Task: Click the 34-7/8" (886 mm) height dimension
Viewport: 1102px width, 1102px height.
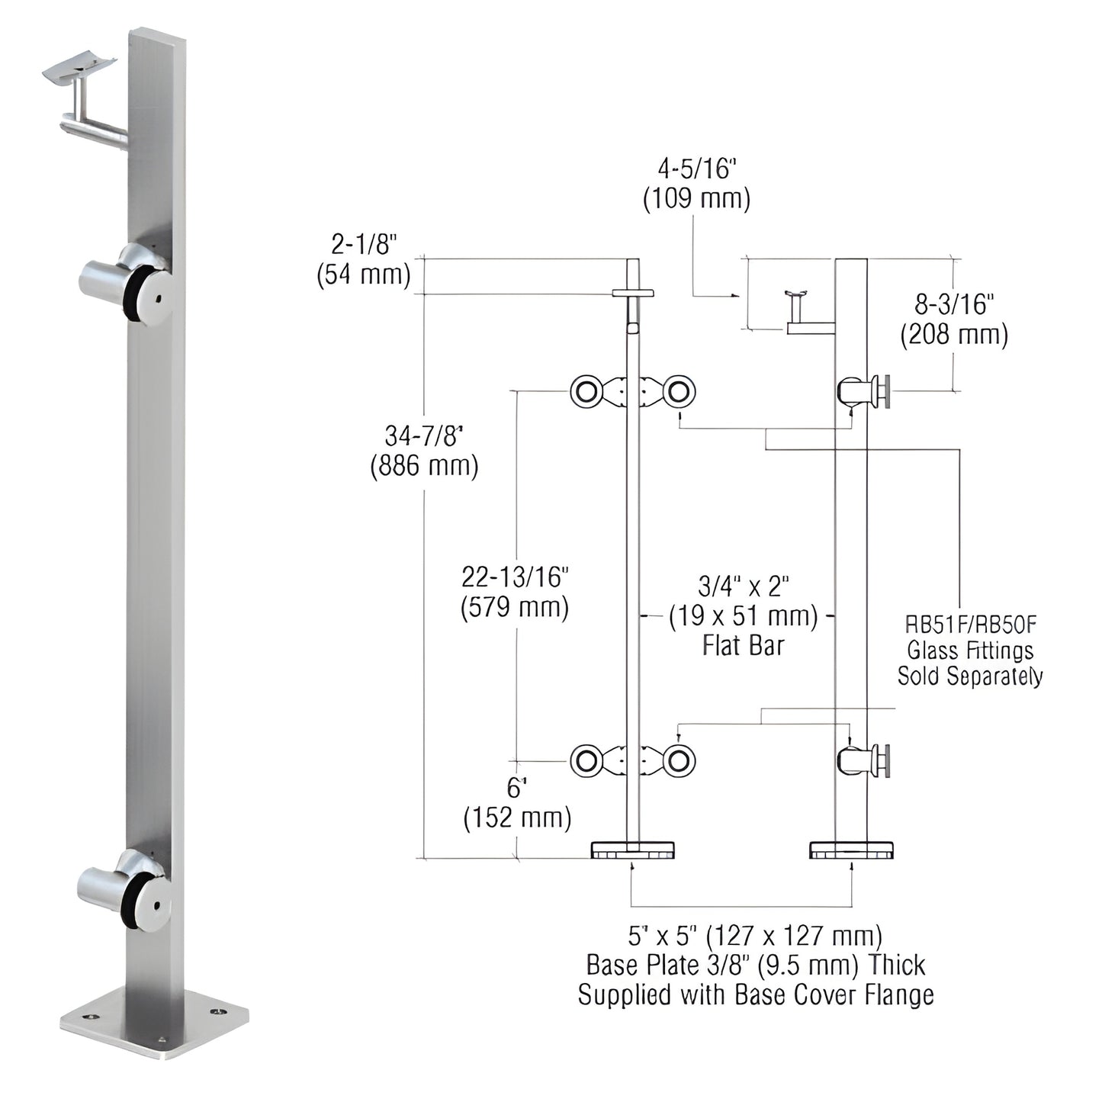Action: point(424,451)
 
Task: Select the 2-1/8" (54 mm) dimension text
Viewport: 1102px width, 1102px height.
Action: point(364,260)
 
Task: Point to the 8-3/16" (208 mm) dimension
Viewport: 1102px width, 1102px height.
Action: point(954,320)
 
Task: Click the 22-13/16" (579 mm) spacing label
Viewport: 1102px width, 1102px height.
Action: point(515,593)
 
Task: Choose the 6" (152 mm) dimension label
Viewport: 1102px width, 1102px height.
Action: point(517,803)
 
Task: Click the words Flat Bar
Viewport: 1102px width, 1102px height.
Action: point(743,646)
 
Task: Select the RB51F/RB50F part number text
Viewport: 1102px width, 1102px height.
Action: point(970,625)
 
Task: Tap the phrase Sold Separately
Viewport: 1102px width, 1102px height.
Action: point(970,676)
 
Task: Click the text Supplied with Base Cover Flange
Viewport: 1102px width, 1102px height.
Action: point(755,994)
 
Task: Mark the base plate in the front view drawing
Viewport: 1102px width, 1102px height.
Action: point(632,850)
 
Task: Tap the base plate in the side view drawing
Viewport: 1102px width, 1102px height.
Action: point(852,850)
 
